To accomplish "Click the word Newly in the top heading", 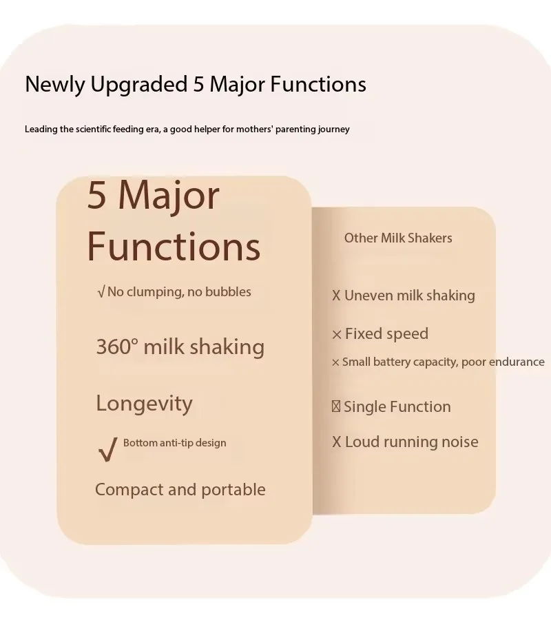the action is point(54,85).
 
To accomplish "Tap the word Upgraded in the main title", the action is point(138,85).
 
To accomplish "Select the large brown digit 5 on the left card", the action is point(97,195).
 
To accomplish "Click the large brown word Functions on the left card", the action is point(174,247).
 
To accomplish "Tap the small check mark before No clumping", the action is point(101,292).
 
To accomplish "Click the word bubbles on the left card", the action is point(228,292).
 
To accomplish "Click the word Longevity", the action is point(144,404).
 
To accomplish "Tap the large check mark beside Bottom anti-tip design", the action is point(108,450).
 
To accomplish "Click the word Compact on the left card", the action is point(129,490).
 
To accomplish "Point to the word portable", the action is point(233,490).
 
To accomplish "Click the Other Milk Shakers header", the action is point(398,238).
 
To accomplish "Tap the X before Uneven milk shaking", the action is point(336,296).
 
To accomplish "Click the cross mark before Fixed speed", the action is point(337,335).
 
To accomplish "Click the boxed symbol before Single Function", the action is point(336,406).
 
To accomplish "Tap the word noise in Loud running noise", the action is point(459,442).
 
